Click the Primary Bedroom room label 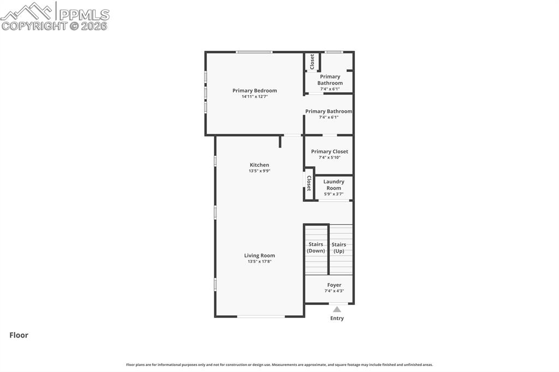[x=254, y=91]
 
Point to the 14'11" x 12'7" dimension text [x=254, y=97]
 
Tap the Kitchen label [x=259, y=165]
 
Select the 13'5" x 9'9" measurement [x=259, y=171]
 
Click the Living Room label [x=259, y=255]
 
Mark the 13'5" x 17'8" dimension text [x=259, y=261]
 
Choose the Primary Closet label [x=329, y=152]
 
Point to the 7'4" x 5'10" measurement [x=329, y=158]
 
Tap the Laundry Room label [x=334, y=185]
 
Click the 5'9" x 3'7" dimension [x=334, y=194]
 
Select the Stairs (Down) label [x=316, y=248]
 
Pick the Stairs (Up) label [x=339, y=248]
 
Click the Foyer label [x=334, y=285]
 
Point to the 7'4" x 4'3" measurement [x=334, y=291]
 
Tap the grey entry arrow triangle [x=337, y=309]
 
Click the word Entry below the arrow [x=337, y=318]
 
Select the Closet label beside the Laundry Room [x=309, y=183]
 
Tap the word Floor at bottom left [x=19, y=335]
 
